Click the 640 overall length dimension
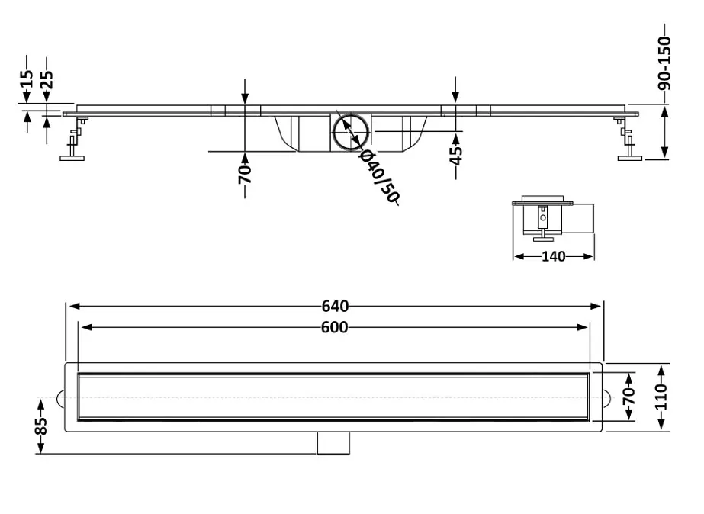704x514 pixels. point(335,306)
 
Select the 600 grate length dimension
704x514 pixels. point(335,328)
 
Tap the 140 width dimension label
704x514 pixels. point(553,256)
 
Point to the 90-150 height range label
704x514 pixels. point(664,63)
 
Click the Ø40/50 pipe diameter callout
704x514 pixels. point(379,176)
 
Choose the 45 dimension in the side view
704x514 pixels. point(455,156)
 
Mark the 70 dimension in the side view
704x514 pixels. point(245,175)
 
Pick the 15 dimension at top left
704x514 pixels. point(27,79)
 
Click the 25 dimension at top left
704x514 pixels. point(47,79)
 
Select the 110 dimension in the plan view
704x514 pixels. point(661,397)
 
